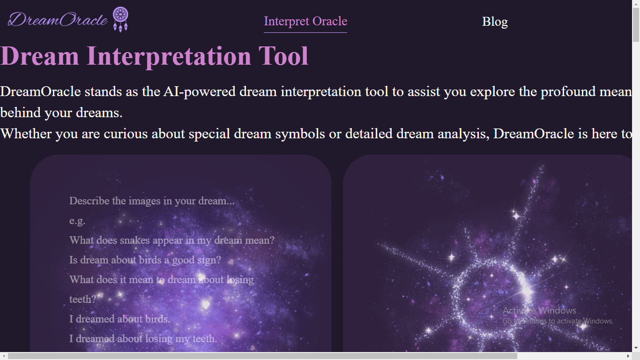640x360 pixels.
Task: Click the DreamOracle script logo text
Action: [x=58, y=19]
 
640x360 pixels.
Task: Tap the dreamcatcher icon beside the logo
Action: [x=120, y=19]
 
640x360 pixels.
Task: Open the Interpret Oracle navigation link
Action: [x=305, y=22]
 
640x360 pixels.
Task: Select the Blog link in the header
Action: [x=495, y=22]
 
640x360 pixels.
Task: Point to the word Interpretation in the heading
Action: [x=169, y=56]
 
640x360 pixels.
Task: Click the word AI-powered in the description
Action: [x=200, y=91]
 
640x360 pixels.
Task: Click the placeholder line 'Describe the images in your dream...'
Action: [x=152, y=201]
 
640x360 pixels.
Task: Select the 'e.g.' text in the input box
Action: [x=77, y=221]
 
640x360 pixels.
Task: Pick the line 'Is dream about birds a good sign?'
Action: [x=145, y=260]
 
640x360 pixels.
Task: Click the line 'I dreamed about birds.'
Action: [x=120, y=319]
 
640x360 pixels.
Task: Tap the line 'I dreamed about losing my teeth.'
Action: [x=143, y=338]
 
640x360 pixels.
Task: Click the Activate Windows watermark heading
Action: [x=539, y=310]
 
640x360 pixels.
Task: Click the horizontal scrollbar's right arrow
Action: [x=628, y=356]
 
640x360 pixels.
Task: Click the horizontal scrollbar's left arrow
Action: [x=4, y=356]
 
